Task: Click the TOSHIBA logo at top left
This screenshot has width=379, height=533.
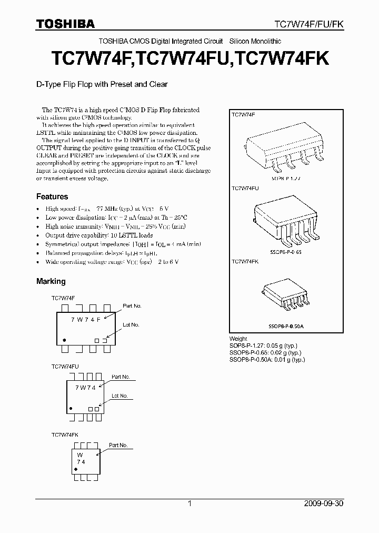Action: tap(65, 24)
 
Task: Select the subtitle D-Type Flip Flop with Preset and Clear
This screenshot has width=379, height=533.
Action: tap(102, 84)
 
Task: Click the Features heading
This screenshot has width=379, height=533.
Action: tap(52, 196)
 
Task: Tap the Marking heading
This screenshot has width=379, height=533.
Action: tap(51, 281)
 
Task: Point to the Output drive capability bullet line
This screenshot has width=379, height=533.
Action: tap(99, 235)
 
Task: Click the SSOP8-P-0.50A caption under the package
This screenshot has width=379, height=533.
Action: tap(286, 327)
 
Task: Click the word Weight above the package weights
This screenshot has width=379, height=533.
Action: tap(238, 339)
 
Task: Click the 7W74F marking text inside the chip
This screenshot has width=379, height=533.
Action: tap(85, 319)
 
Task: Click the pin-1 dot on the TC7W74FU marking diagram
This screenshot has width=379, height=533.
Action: tap(71, 408)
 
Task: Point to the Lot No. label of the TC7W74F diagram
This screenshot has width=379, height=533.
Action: tap(131, 325)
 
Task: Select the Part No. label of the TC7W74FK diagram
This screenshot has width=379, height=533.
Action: tap(118, 445)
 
